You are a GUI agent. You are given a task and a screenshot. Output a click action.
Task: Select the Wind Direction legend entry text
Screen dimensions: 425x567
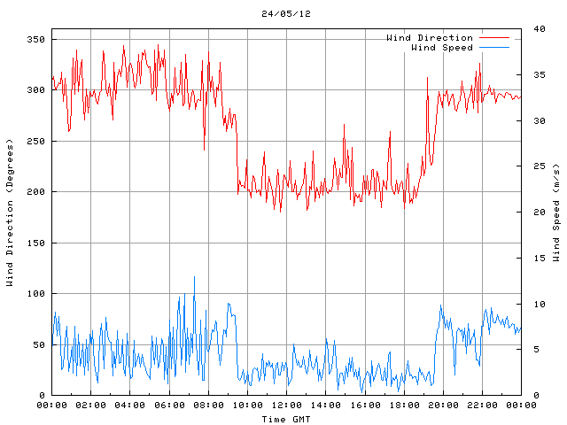pos(430,38)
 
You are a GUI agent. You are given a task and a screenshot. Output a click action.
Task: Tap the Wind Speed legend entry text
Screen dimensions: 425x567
pos(442,48)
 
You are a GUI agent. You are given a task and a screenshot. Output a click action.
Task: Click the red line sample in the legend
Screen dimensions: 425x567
pos(494,38)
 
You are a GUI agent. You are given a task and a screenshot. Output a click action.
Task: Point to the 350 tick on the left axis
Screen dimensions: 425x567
pos(35,40)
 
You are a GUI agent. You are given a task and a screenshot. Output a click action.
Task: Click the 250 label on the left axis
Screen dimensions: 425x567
pos(35,142)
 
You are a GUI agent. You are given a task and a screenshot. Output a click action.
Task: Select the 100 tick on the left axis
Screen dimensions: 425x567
pos(35,294)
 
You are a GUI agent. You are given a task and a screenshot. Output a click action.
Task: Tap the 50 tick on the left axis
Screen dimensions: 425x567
pos(38,344)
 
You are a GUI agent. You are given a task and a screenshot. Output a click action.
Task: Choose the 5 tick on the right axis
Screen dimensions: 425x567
pos(536,350)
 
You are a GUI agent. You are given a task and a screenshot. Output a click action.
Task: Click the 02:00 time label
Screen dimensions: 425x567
pos(91,405)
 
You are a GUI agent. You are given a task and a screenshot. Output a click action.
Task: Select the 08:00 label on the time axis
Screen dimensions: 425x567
pos(208,405)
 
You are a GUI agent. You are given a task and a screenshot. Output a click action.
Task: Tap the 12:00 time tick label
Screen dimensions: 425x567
pos(286,405)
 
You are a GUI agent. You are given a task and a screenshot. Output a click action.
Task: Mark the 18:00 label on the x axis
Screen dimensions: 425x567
pos(404,405)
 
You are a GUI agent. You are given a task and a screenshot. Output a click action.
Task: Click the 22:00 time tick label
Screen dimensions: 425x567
pos(482,405)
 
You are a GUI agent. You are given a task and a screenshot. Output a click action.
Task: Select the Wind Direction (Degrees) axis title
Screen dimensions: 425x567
pos(10,212)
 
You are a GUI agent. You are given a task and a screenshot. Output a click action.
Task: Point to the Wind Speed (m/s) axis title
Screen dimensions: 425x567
pos(557,212)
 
